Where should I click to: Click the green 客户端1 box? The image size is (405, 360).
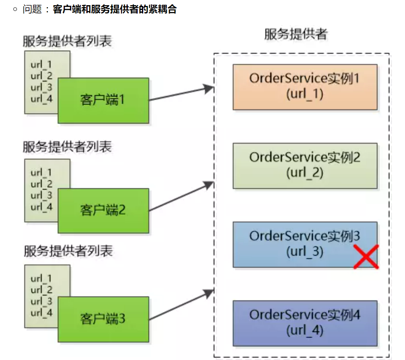coord(103,100)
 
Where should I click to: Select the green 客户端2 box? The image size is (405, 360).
coord(103,210)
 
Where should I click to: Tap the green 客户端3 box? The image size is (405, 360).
coord(103,319)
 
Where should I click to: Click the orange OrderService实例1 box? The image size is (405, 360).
coord(305,87)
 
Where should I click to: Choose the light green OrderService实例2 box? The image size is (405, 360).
coord(305,165)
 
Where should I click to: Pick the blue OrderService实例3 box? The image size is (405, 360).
coord(294,244)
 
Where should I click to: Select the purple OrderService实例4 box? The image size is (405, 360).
coord(305,323)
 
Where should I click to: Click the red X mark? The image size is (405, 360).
coord(366,257)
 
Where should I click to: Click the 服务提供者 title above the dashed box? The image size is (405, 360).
coord(296,35)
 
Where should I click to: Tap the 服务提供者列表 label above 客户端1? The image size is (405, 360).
coord(67,41)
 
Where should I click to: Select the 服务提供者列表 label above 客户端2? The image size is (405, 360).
coord(67,147)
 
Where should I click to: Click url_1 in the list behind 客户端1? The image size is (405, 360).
coord(41,64)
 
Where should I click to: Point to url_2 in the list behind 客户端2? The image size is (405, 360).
coord(41,184)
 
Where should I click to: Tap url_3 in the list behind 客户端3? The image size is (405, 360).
coord(41,301)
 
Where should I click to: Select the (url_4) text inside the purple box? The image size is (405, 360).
coord(305,331)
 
